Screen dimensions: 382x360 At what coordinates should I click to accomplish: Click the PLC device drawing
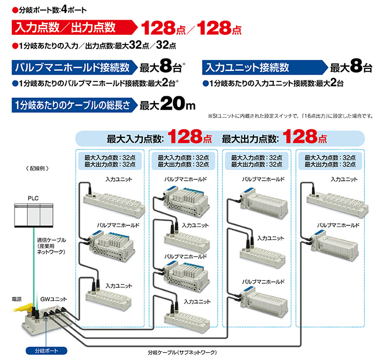coord(34,215)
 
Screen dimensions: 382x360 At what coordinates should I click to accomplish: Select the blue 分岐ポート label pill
coord(46,351)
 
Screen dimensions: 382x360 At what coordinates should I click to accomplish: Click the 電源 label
coord(17,299)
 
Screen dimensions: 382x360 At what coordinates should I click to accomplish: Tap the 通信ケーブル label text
coord(51,246)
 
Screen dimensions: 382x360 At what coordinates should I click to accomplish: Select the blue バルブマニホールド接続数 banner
coord(75,67)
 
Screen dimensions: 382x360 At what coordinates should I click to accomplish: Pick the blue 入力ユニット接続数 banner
coord(265,67)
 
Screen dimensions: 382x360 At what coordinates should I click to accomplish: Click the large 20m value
coord(178,104)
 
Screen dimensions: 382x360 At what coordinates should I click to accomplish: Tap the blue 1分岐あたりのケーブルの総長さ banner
coord(75,105)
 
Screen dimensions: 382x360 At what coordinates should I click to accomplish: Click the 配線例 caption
coord(37,168)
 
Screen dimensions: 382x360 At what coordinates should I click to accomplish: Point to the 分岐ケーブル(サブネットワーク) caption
coord(182,352)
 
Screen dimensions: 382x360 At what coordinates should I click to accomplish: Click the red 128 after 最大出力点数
coord(300,136)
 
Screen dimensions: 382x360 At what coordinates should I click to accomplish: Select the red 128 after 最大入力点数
coord(185,136)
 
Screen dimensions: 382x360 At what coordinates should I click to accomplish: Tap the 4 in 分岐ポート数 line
coord(64,9)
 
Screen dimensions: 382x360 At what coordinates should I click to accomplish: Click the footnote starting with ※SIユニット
coord(290,116)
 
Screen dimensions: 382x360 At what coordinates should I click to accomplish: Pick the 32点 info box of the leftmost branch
coord(110,161)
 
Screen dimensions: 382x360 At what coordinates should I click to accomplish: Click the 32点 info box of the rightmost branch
coord(330,161)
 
